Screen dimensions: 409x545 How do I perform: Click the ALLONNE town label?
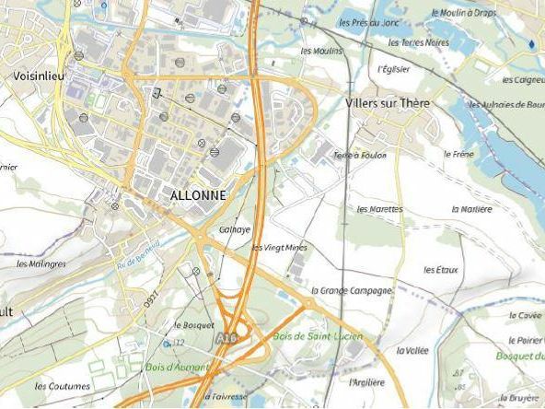(x=197, y=196)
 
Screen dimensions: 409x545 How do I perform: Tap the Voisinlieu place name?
(x=39, y=76)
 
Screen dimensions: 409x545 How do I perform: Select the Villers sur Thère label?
(x=388, y=104)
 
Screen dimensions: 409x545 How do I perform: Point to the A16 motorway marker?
(x=226, y=340)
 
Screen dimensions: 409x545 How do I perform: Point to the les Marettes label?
(x=379, y=209)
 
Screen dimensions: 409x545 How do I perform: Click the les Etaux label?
(x=441, y=269)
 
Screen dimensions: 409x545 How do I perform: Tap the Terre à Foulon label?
(x=358, y=155)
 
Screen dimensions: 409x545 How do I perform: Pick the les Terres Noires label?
(x=418, y=42)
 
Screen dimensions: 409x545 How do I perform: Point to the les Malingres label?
(x=41, y=263)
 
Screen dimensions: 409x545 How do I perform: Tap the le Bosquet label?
(x=193, y=324)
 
